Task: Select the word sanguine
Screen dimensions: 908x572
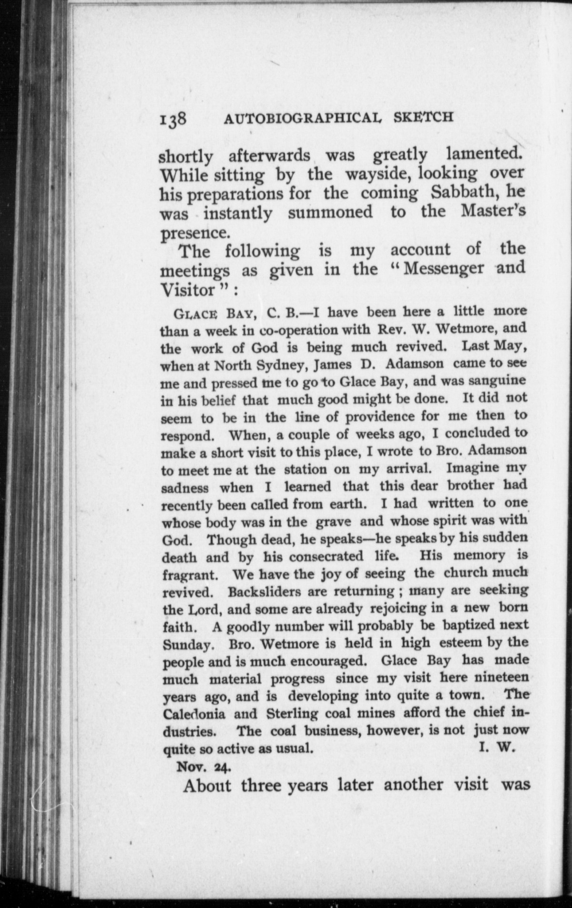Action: [495, 381]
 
